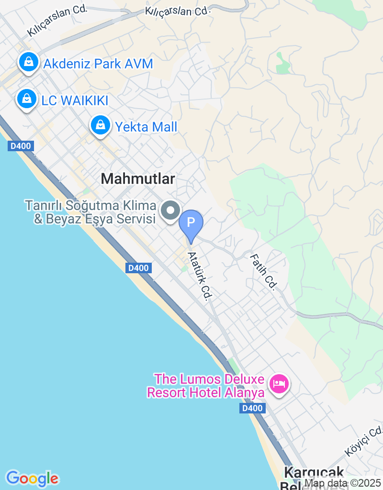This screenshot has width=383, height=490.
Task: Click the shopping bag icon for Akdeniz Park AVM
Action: [x=29, y=62]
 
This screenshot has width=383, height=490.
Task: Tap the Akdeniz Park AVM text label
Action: [x=98, y=64]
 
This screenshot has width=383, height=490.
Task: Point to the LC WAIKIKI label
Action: [x=75, y=100]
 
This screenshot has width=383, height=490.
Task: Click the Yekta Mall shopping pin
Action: [x=100, y=125]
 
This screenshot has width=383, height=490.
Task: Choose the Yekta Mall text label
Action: [x=146, y=127]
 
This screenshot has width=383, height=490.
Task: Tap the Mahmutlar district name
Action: [x=138, y=179]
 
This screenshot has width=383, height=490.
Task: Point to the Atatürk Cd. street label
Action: [x=200, y=276]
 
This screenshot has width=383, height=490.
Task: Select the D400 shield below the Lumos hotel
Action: [x=252, y=408]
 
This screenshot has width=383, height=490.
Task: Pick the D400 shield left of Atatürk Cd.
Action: [x=139, y=268]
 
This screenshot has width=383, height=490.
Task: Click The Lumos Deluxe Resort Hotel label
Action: [x=206, y=386]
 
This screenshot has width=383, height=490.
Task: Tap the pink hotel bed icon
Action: [x=278, y=383]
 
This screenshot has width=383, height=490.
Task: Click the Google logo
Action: [x=33, y=479]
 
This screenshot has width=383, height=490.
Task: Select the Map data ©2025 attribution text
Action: [x=343, y=484]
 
